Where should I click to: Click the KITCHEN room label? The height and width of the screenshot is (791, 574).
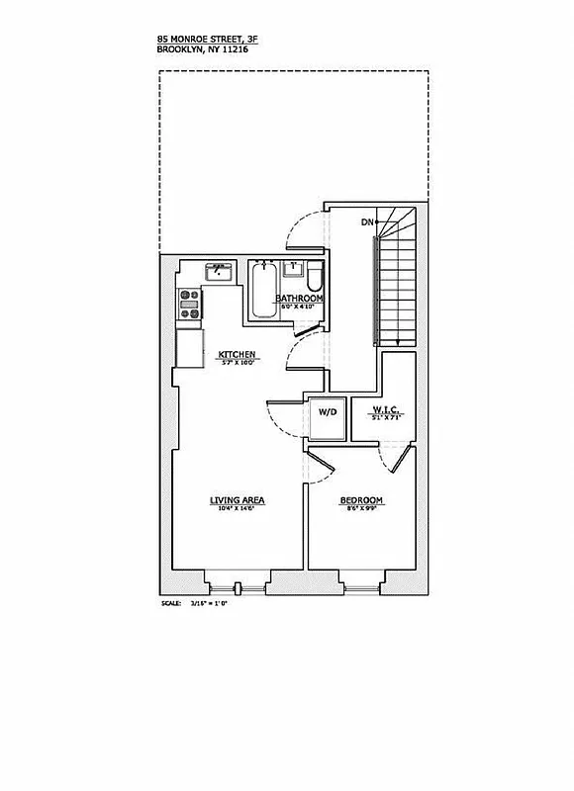click(239, 354)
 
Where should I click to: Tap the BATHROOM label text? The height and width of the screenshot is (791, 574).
click(299, 298)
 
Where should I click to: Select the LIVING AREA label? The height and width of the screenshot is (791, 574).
click(237, 500)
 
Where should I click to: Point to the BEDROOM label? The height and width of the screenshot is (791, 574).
click(361, 501)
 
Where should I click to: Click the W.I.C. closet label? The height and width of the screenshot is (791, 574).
click(385, 410)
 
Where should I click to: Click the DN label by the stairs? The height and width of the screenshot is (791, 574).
click(369, 221)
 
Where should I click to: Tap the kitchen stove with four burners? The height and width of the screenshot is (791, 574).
click(189, 304)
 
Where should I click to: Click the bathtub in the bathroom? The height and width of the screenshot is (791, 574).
click(263, 290)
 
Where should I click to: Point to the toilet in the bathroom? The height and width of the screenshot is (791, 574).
click(314, 274)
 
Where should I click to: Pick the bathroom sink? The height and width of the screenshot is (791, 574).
click(294, 268)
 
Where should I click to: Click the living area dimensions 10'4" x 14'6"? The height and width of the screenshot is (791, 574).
click(237, 509)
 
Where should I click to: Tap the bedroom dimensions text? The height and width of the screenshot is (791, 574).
click(361, 510)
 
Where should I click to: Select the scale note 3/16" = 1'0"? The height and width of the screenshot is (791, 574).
click(208, 602)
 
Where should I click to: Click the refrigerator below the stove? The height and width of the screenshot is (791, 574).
click(189, 347)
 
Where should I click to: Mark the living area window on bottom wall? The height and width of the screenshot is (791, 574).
click(238, 587)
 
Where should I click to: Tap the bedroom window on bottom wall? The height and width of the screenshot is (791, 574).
click(360, 587)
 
